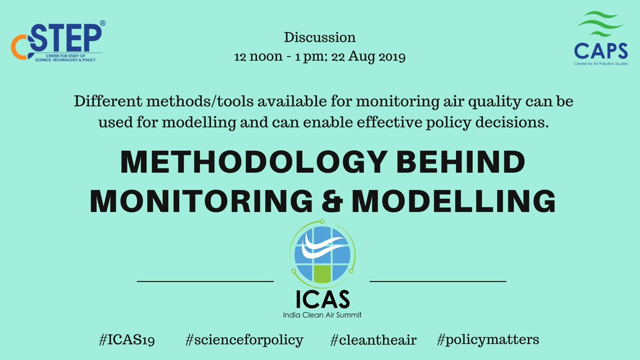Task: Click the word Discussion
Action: coord(319,38)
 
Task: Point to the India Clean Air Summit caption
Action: coord(322,315)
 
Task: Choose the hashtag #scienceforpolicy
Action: coord(244,339)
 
